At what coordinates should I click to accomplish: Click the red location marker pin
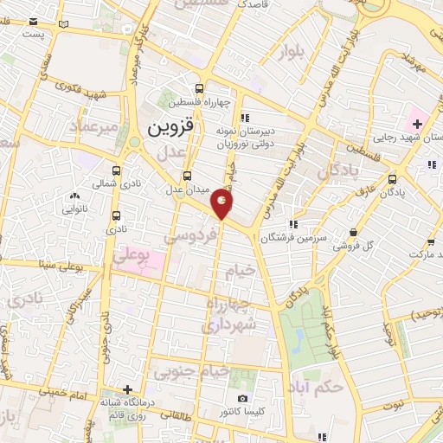222,205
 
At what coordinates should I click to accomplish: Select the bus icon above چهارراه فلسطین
201,88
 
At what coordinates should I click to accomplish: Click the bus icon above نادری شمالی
117,170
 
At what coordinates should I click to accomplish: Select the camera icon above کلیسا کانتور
243,399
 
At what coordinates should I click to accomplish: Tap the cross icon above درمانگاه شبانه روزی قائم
128,390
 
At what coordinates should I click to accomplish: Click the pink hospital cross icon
417,125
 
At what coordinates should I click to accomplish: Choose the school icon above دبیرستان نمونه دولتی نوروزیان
244,118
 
